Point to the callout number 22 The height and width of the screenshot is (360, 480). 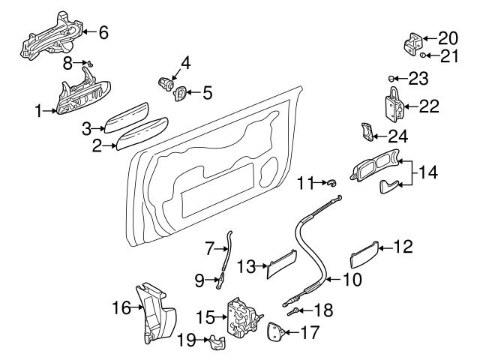click(428, 106)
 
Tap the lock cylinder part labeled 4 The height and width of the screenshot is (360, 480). click(163, 80)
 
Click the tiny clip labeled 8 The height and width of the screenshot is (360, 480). click(88, 63)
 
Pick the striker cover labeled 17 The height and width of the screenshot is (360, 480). click(274, 331)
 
